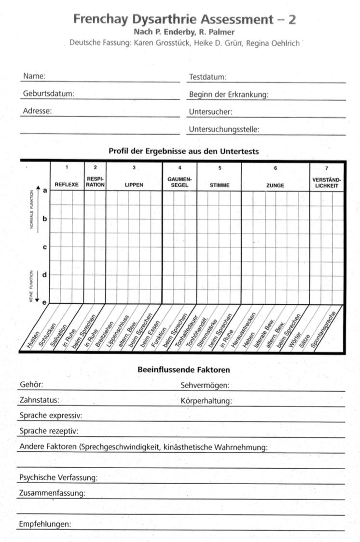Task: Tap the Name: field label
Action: pyautogui.click(x=34, y=76)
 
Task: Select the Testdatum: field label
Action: pyautogui.click(x=208, y=77)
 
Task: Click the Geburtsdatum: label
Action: pyautogui.click(x=48, y=94)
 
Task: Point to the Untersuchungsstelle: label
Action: pyautogui.click(x=224, y=129)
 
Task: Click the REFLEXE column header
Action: pyautogui.click(x=67, y=185)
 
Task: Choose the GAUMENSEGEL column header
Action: pyautogui.click(x=180, y=182)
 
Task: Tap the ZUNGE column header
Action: pyautogui.click(x=275, y=185)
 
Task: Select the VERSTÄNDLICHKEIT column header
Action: pyautogui.click(x=327, y=182)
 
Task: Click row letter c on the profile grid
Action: pyautogui.click(x=45, y=247)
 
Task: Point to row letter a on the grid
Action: pyautogui.click(x=45, y=191)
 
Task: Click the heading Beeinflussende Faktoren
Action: pyautogui.click(x=183, y=370)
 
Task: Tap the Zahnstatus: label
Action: pyautogui.click(x=40, y=400)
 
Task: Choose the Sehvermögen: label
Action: pyautogui.click(x=205, y=385)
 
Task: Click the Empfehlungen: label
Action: pyautogui.click(x=45, y=524)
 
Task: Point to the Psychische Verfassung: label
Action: pyautogui.click(x=58, y=478)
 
